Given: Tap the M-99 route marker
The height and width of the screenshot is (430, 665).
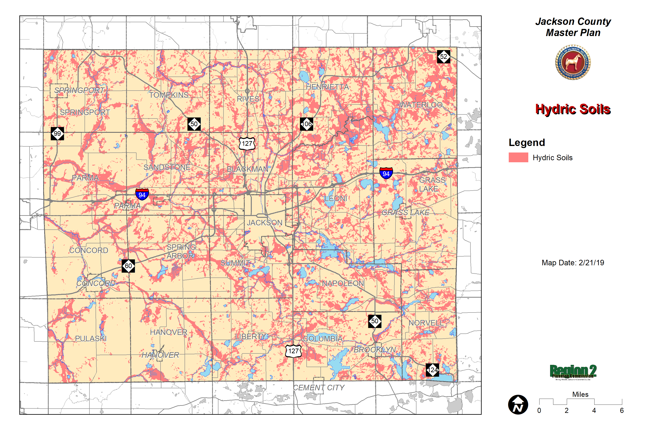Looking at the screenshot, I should [57, 134].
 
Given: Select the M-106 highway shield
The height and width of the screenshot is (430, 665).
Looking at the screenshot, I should [306, 124].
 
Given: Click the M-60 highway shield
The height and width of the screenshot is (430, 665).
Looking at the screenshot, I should [128, 266].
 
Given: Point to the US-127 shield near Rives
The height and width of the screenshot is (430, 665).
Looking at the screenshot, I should [247, 144].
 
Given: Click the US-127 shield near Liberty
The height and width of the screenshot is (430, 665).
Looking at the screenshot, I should [293, 351].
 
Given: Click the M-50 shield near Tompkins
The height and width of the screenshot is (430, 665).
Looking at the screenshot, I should [194, 124].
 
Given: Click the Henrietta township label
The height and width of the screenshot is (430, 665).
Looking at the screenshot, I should [327, 87].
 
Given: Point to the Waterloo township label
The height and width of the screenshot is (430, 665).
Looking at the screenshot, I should [421, 105].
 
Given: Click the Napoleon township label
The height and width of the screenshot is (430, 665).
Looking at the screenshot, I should [343, 283].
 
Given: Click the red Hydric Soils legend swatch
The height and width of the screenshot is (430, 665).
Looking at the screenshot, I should [518, 157].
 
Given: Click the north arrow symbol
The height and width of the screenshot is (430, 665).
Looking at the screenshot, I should [518, 405].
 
